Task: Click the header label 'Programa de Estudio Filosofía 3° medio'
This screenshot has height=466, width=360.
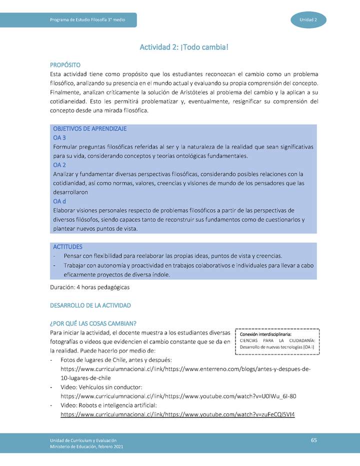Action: pyautogui.click(x=87, y=19)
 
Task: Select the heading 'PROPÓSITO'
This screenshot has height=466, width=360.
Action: pyautogui.click(x=65, y=65)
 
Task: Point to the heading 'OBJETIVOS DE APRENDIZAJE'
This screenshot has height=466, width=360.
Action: pyautogui.click(x=89, y=128)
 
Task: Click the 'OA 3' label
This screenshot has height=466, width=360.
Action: pyautogui.click(x=59, y=137)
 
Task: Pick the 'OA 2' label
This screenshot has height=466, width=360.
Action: pyautogui.click(x=59, y=164)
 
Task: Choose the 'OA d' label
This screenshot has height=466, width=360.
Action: pyautogui.click(x=59, y=201)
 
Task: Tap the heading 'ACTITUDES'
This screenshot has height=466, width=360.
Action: pyautogui.click(x=67, y=246)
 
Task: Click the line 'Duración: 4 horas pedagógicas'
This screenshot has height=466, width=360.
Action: pyautogui.click(x=90, y=287)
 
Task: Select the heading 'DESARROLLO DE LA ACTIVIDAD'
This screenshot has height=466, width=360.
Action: pyautogui.click(x=90, y=305)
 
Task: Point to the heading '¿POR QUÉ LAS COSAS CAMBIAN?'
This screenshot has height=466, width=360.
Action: pyautogui.click(x=93, y=323)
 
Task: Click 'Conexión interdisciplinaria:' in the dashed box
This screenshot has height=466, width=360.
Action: pyautogui.click(x=265, y=334)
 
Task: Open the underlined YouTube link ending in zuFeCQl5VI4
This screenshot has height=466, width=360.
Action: pyautogui.click(x=177, y=414)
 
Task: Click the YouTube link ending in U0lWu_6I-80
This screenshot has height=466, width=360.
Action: pyautogui.click(x=178, y=396)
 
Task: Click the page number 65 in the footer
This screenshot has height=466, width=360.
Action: pyautogui.click(x=314, y=440)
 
